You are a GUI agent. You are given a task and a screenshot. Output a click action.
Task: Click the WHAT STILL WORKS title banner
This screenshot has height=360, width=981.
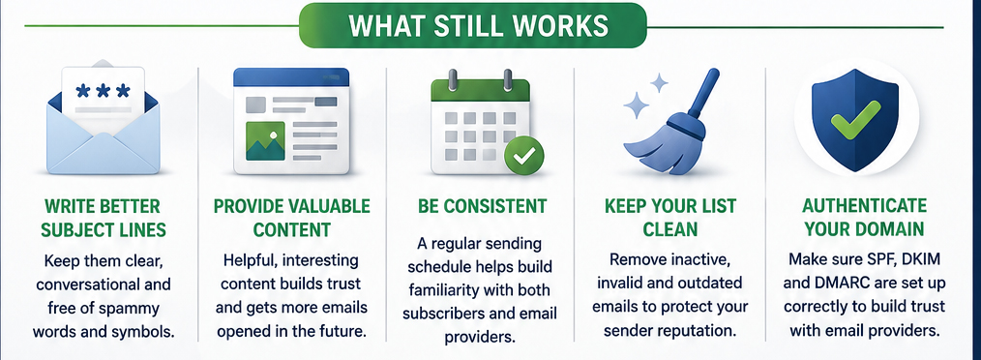click(x=472, y=25)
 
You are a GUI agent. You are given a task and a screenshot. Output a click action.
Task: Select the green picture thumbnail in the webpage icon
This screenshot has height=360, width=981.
click(x=265, y=140)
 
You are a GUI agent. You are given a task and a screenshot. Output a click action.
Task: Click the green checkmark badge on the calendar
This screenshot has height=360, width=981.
click(x=523, y=155)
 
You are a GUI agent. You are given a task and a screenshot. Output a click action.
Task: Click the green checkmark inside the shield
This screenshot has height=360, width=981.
click(x=856, y=119)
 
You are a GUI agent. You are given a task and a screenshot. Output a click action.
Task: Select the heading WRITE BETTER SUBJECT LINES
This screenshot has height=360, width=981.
click(x=104, y=217)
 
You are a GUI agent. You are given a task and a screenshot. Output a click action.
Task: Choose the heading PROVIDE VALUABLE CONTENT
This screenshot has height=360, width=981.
click(x=291, y=217)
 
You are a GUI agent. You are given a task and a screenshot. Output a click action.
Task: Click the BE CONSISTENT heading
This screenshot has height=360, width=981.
click(x=482, y=206)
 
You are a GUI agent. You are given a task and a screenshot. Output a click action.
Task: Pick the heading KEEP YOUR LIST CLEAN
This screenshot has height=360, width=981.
click(x=670, y=217)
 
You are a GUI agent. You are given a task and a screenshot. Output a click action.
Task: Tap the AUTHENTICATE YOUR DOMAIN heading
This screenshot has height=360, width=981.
click(x=864, y=217)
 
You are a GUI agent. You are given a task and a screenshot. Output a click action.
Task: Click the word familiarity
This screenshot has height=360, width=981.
click(x=447, y=290)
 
